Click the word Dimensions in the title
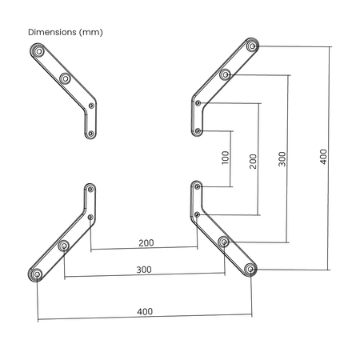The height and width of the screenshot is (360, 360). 52,33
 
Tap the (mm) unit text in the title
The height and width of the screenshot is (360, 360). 90,33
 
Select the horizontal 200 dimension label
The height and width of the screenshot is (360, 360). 146,241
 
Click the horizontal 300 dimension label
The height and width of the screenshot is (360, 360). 144,270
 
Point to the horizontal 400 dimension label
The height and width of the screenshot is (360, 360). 145,311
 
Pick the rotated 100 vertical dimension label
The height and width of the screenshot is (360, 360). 225,158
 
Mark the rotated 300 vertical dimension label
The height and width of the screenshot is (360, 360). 282,158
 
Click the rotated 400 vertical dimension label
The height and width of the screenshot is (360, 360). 322,156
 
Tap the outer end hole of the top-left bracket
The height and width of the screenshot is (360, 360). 37,50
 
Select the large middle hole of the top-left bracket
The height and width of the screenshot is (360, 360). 65,78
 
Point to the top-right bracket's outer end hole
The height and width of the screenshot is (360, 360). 252,47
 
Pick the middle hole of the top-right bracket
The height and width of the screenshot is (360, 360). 225,75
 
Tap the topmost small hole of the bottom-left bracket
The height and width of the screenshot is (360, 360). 90,189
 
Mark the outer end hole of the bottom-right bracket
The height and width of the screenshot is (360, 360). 252,270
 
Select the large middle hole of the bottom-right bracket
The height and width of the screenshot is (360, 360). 224,242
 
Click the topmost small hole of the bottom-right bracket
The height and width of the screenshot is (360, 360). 197,186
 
